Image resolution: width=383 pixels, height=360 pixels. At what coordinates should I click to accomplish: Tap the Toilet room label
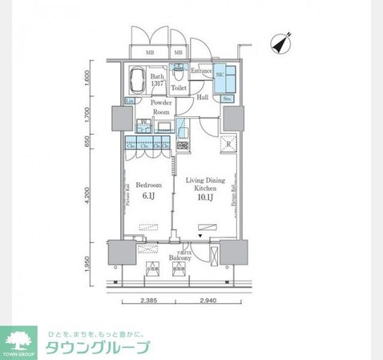pos(179,88)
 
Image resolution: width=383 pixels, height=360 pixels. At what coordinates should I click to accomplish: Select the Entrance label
pos(200,71)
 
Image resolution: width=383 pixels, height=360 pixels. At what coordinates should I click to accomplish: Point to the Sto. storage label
pos(227,99)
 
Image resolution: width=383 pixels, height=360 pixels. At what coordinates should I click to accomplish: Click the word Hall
pos(203,98)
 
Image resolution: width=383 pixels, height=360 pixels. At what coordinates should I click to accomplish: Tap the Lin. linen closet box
pos(129,100)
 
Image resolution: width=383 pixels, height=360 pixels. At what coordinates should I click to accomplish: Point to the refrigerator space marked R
pos(228,144)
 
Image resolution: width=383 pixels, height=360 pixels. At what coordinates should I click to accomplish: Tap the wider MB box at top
pos(150,53)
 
